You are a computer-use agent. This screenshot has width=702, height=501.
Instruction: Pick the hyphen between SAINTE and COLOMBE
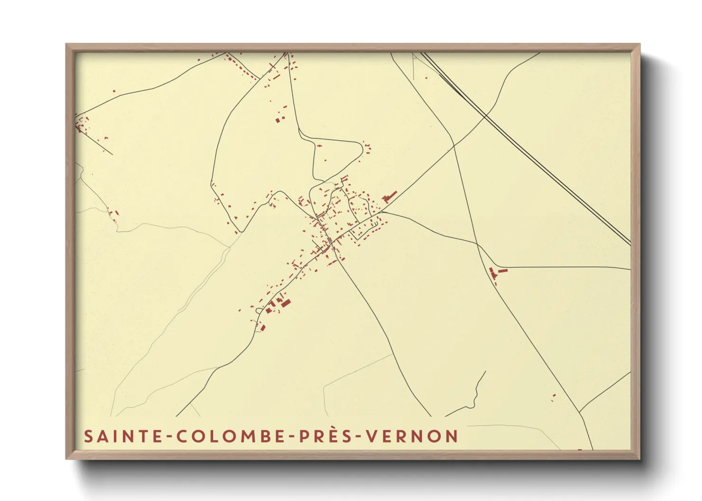[x=168, y=437]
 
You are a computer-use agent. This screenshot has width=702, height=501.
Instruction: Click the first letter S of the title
[x=88, y=436]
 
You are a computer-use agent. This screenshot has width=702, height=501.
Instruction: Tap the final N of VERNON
[x=453, y=436]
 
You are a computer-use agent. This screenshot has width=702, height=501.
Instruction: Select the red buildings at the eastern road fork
[x=496, y=273]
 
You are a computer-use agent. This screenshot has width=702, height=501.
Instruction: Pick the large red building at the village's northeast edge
[x=390, y=196]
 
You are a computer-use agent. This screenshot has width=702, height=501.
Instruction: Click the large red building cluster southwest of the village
[x=277, y=304]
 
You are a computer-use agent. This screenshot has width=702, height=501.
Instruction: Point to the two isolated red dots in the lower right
[x=554, y=397]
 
